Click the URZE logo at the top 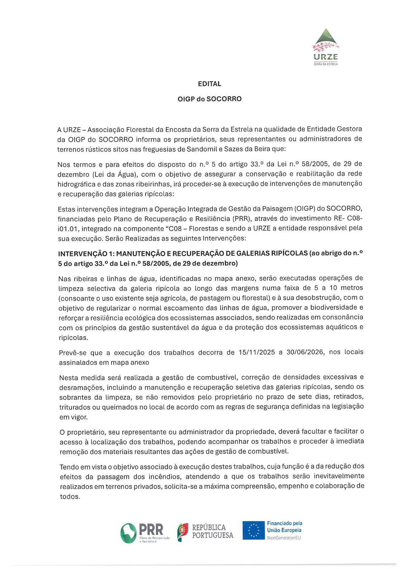click(326, 47)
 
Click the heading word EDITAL click(209, 84)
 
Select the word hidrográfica click(76, 184)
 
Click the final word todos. click(70, 497)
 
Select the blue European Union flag click(253, 530)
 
